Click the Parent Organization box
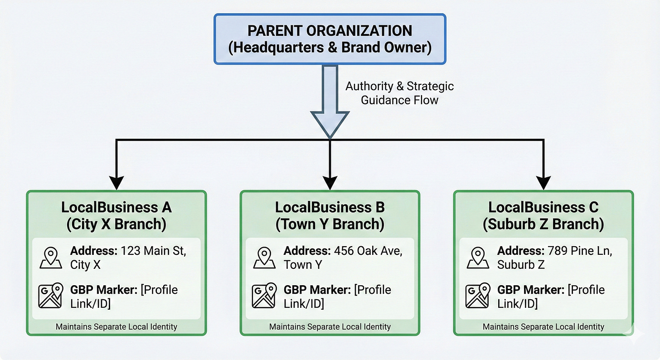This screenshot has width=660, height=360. click(330, 39)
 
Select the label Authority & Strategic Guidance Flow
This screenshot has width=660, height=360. click(399, 93)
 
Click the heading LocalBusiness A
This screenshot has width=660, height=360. click(116, 207)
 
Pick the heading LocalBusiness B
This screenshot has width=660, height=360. click(330, 207)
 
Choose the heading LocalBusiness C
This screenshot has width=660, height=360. click(543, 207)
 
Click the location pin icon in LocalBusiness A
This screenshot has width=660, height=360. click(51, 258)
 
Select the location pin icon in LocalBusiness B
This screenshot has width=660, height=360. click(264, 258)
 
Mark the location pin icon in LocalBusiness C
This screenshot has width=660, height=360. click(478, 258)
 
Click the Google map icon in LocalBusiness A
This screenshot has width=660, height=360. click(51, 296)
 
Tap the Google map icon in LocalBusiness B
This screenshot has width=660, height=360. click(264, 296)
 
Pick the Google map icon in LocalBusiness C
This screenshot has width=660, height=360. click(478, 296)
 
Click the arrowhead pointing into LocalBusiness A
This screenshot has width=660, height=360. click(116, 181)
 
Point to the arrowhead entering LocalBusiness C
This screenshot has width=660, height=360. click(543, 181)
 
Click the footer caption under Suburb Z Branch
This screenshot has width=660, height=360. click(543, 326)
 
